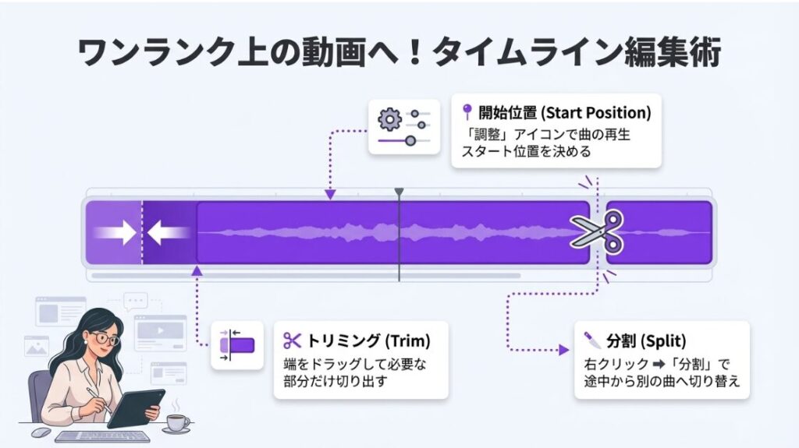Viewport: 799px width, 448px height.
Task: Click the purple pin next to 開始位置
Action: point(467,111)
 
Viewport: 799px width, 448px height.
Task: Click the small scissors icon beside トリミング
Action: point(292,340)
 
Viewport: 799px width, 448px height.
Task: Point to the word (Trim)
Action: point(407,340)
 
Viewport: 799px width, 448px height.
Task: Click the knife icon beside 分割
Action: point(591,340)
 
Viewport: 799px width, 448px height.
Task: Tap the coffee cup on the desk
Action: point(177,422)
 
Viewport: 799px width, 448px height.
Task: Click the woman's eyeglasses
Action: point(104,339)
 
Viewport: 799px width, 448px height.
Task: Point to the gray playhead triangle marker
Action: point(399,192)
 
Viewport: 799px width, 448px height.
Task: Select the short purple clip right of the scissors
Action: point(659,232)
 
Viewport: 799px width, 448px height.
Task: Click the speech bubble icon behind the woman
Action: point(136,302)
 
